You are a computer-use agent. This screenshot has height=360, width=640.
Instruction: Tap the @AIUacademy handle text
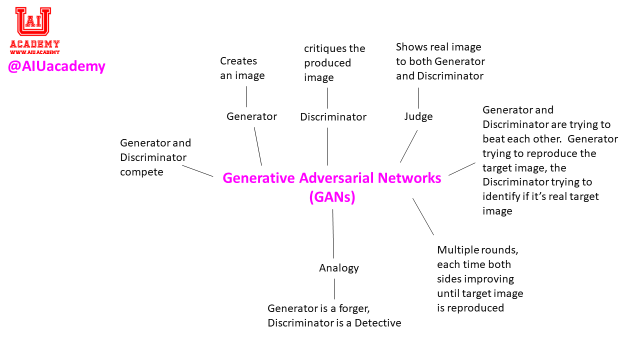(56, 66)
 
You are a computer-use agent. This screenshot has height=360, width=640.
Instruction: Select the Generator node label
(251, 116)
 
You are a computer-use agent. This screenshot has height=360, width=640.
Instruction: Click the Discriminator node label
(333, 117)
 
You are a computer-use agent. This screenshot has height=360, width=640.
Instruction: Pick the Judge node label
(418, 116)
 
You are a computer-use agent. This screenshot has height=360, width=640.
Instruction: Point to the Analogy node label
(339, 268)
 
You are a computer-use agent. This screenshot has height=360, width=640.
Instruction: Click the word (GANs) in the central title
(332, 197)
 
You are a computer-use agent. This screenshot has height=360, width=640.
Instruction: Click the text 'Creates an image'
(242, 68)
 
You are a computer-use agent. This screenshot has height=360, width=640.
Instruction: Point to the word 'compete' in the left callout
(141, 172)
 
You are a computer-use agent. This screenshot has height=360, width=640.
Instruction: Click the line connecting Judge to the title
(408, 146)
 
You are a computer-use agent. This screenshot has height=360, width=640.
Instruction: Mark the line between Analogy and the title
(333, 233)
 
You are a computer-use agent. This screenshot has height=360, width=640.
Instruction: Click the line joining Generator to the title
(258, 146)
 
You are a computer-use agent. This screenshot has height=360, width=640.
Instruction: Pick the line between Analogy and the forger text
(334, 289)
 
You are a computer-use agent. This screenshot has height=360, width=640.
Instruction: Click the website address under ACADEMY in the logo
(34, 52)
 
